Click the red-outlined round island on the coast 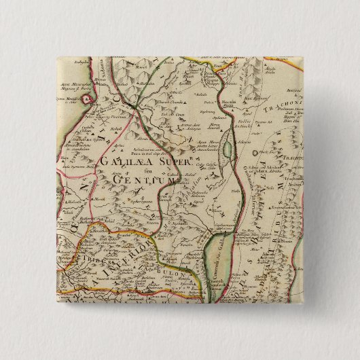[88, 99]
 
